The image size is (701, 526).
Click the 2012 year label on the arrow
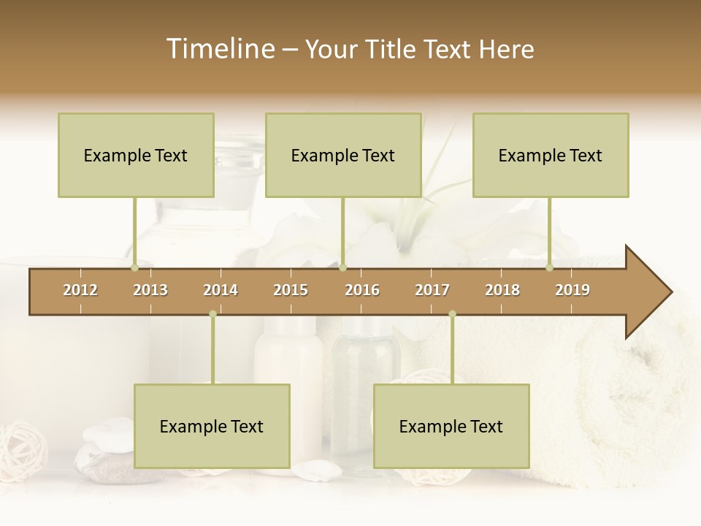point(80,290)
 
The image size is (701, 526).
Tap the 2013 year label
point(150,290)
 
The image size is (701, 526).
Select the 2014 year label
point(221,290)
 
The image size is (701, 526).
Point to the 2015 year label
point(291,290)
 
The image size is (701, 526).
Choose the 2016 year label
point(362,290)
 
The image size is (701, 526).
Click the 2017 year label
point(432,290)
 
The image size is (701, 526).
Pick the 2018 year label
point(502,290)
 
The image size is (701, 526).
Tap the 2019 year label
point(572,290)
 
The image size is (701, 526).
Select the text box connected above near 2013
point(136,155)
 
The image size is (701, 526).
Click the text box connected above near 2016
point(343,155)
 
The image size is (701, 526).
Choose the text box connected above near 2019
point(551,155)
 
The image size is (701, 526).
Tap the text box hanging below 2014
point(212,426)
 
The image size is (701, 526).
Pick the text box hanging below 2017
point(451,426)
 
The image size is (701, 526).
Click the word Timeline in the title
point(220,49)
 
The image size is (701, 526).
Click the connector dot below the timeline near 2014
point(212,314)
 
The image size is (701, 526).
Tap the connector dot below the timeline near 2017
point(452,314)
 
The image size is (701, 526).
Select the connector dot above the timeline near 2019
point(550,268)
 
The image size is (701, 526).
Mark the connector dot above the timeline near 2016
point(342,268)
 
